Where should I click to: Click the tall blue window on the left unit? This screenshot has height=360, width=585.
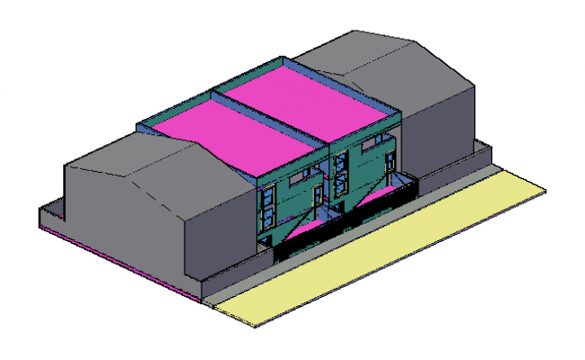click(x=267, y=206)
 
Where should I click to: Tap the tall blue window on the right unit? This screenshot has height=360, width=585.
click(x=339, y=170)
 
